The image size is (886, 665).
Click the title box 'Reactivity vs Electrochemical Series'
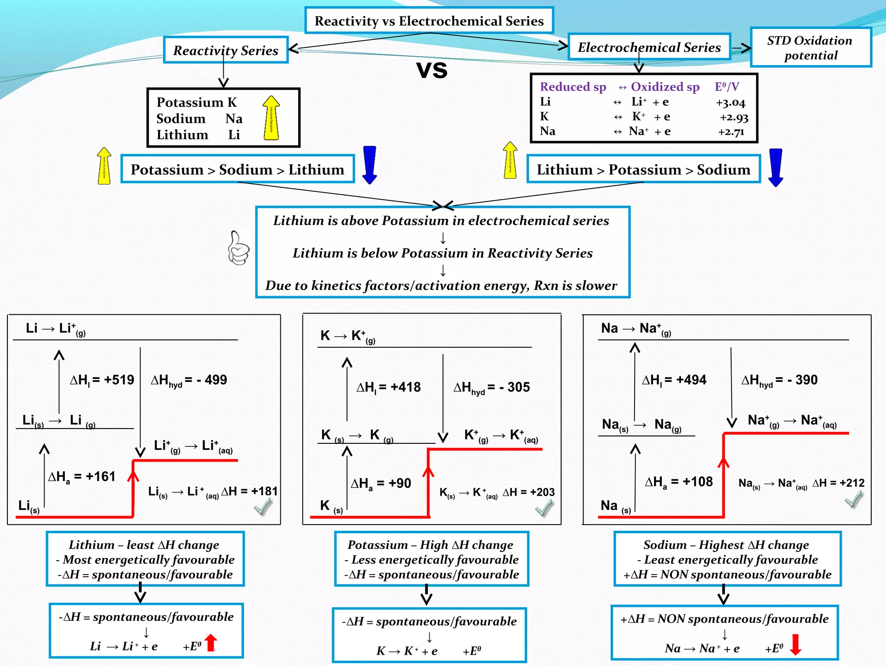pyautogui.click(x=429, y=21)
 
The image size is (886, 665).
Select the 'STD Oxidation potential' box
pyautogui.click(x=810, y=48)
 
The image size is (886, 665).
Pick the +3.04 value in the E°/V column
pyautogui.click(x=730, y=103)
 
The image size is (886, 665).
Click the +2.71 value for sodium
pyautogui.click(x=731, y=132)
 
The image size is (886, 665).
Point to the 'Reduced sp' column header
pyautogui.click(x=573, y=87)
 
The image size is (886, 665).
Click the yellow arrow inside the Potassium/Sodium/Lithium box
pyautogui.click(x=271, y=118)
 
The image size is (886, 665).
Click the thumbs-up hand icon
pyautogui.click(x=238, y=248)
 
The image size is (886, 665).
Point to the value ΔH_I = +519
pyautogui.click(x=102, y=380)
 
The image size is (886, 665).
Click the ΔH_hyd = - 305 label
pyautogui.click(x=491, y=387)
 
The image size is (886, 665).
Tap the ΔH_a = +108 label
pyautogui.click(x=678, y=482)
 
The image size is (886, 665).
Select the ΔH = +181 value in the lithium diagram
pyautogui.click(x=249, y=491)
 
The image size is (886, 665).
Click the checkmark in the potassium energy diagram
pyautogui.click(x=544, y=508)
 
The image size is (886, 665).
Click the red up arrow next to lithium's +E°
pyautogui.click(x=211, y=643)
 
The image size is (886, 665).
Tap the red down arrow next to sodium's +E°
pyautogui.click(x=796, y=645)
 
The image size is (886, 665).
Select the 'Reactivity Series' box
pyautogui.click(x=225, y=50)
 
